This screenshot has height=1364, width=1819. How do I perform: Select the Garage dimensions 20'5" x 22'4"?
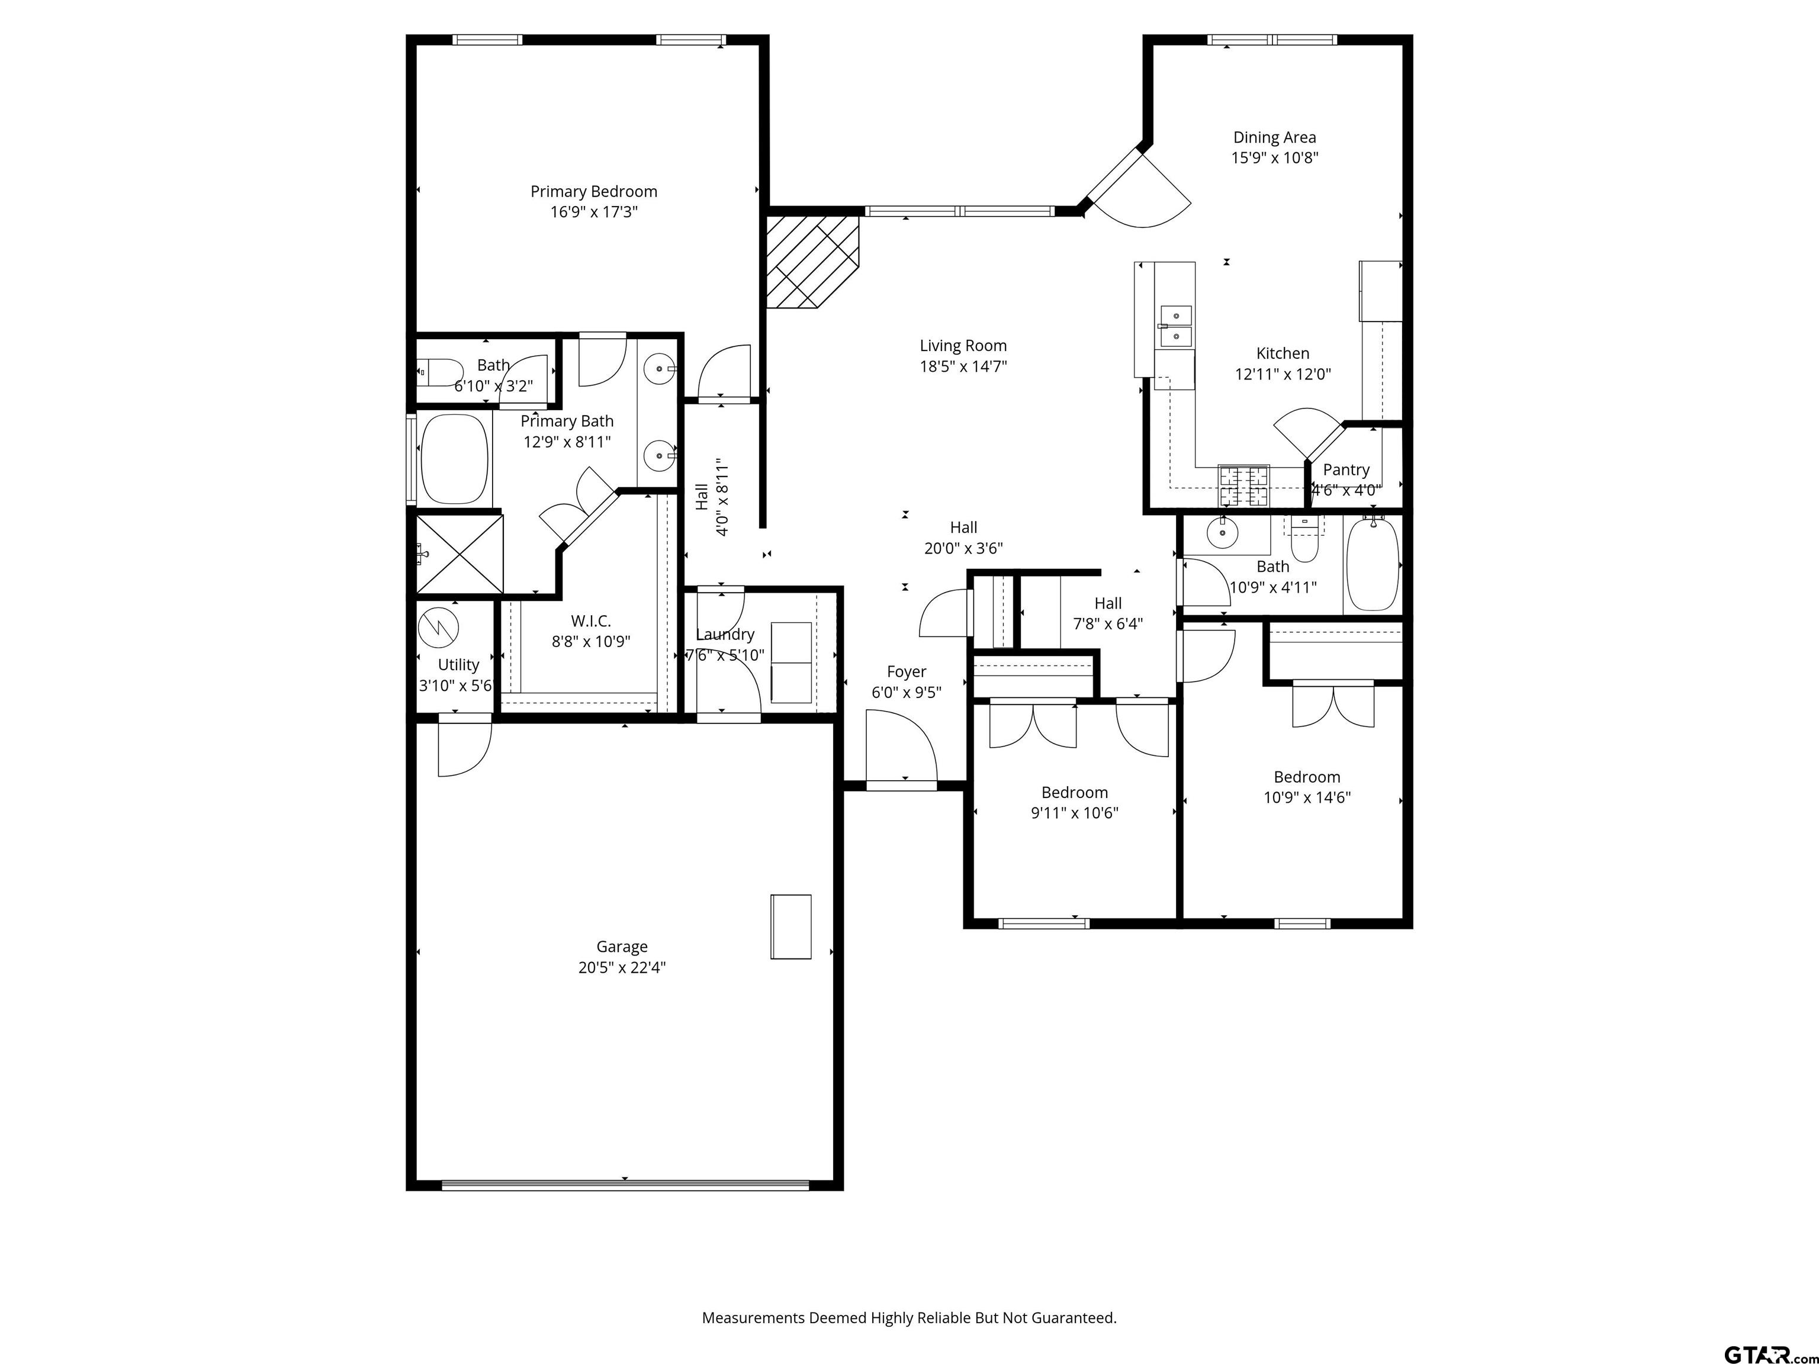[622, 967]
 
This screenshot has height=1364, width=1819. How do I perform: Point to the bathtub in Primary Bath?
[454, 459]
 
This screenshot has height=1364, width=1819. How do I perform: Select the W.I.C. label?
[590, 621]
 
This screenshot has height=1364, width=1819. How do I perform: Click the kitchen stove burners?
[1243, 485]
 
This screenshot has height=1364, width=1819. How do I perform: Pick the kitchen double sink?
[1175, 326]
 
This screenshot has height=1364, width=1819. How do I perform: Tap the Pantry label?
[1345, 469]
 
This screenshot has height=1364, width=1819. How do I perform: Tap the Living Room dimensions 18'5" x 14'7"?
[963, 366]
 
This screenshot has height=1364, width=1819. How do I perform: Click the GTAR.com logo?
[1769, 1331]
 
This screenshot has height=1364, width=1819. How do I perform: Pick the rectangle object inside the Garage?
[790, 927]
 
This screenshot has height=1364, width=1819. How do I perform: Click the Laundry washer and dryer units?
[791, 662]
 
